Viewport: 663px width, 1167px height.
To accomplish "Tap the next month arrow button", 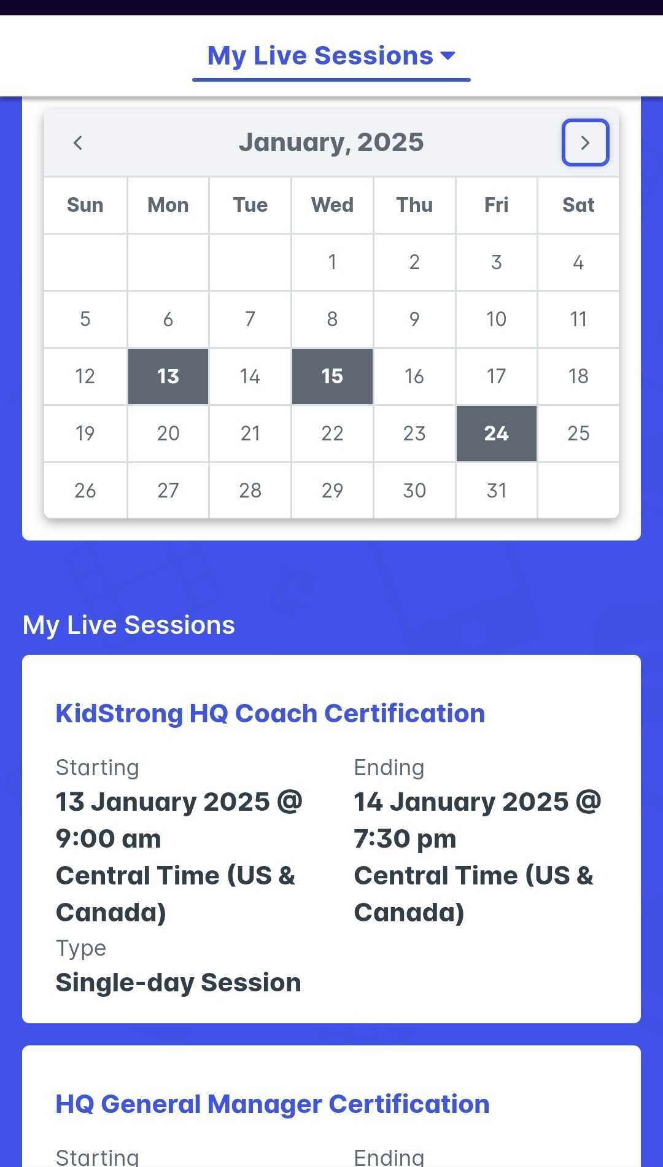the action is pyautogui.click(x=585, y=142).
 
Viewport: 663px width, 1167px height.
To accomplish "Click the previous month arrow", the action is pyautogui.click(x=77, y=142).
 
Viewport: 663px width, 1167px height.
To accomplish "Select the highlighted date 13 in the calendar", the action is pyautogui.click(x=168, y=377).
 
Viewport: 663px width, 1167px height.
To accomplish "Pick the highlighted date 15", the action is pyautogui.click(x=332, y=377).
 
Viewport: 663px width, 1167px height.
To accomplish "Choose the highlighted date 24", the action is pyautogui.click(x=496, y=434).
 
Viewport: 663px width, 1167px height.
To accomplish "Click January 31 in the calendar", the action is pyautogui.click(x=496, y=490).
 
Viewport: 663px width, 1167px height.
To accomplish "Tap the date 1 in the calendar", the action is pyautogui.click(x=332, y=262).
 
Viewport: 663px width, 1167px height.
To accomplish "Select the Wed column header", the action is pyautogui.click(x=332, y=205).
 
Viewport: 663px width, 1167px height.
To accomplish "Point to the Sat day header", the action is pyautogui.click(x=578, y=205).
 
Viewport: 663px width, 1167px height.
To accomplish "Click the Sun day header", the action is pyautogui.click(x=85, y=205).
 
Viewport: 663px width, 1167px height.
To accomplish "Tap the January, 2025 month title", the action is pyautogui.click(x=331, y=142).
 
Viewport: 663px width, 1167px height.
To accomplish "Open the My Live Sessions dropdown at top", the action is pyautogui.click(x=331, y=56).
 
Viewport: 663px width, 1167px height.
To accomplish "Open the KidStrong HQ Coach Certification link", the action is pyautogui.click(x=270, y=713).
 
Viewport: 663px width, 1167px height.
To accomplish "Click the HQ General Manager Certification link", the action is pyautogui.click(x=273, y=1104).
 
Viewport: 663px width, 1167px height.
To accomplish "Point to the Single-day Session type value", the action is pyautogui.click(x=179, y=983).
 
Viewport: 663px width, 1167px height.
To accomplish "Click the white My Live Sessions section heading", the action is pyautogui.click(x=129, y=625).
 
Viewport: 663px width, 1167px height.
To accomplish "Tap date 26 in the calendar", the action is pyautogui.click(x=85, y=490).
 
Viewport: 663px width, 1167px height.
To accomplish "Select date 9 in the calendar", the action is pyautogui.click(x=414, y=319).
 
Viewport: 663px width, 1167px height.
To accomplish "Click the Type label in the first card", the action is pyautogui.click(x=81, y=948).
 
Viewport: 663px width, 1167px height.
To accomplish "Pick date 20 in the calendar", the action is pyautogui.click(x=168, y=434).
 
